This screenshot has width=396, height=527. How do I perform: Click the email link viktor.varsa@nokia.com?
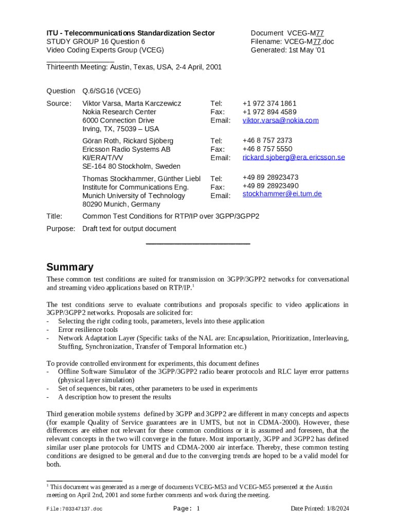pos(280,120)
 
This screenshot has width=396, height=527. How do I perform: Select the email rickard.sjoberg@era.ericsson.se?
pos(293,157)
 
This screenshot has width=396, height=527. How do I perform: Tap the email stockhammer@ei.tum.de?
pos(282,194)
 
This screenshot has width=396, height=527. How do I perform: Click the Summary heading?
pos(70,267)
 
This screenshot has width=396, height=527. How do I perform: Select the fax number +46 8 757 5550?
pos(267,149)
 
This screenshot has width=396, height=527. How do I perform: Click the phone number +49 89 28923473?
pos(270,177)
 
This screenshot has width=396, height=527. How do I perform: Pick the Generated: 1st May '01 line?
pos(287,50)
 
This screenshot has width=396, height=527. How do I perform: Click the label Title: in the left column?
pos(55,216)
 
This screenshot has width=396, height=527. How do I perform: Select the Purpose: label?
pos(61,229)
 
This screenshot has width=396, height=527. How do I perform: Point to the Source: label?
pos(59,103)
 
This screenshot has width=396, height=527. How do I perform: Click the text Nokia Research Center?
pos(119,112)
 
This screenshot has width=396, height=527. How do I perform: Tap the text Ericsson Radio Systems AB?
pos(126,149)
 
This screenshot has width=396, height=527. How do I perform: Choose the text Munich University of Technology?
pos(134,196)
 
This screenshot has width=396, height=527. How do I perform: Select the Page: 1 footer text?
pos(186,508)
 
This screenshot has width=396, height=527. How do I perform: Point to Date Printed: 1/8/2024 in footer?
pos(320,508)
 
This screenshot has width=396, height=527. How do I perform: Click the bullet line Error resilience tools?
pos(88,329)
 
